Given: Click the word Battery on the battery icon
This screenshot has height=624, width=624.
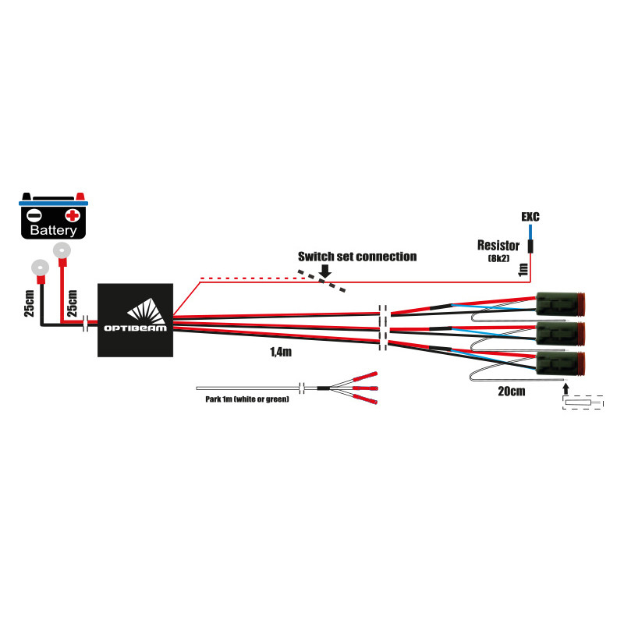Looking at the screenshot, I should pyautogui.click(x=53, y=231).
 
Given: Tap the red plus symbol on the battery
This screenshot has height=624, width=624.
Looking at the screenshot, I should pyautogui.click(x=72, y=215).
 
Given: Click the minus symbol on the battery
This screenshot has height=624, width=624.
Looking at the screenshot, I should pyautogui.click(x=34, y=215).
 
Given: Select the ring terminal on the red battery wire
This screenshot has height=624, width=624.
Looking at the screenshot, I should pyautogui.click(x=60, y=251).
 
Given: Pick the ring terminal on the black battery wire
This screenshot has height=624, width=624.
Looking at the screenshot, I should pyautogui.click(x=38, y=267).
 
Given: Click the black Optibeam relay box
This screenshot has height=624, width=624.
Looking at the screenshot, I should pyautogui.click(x=135, y=320).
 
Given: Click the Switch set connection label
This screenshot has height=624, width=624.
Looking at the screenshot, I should pyautogui.click(x=357, y=256).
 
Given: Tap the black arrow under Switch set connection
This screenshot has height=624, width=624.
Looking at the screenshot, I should pyautogui.click(x=325, y=270).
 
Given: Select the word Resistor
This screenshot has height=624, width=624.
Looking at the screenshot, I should pyautogui.click(x=499, y=245).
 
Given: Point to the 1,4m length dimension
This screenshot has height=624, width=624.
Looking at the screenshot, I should pyautogui.click(x=280, y=353).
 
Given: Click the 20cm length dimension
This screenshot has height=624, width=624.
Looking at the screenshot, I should pyautogui.click(x=510, y=391).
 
